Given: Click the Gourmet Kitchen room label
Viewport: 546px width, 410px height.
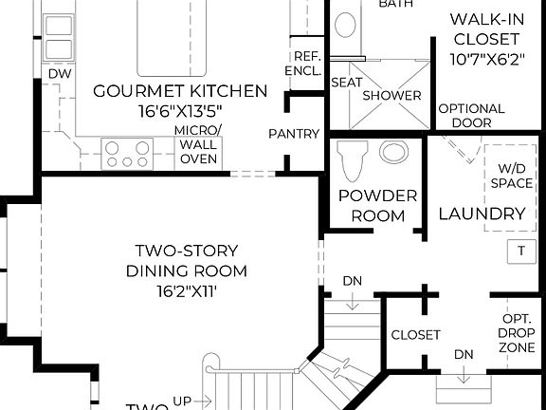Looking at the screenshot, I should coord(180,91).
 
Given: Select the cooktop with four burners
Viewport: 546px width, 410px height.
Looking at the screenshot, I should coord(128,153).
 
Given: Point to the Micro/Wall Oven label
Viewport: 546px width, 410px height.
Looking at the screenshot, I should coord(199,143).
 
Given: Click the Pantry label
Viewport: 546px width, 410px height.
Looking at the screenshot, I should coord(293,134).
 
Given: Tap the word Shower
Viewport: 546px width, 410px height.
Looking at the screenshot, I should coord(391,96).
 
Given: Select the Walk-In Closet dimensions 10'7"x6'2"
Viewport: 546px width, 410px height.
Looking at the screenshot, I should coord(484,60).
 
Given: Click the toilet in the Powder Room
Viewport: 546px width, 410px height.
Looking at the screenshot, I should coord(353,159).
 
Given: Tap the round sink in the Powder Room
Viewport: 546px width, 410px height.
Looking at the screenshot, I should coord(391,152).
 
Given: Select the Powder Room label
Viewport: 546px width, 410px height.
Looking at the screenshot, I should coord(378,206).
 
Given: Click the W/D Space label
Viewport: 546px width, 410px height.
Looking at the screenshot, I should coord(515,176).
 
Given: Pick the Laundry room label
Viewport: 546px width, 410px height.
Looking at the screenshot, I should coord(482,214).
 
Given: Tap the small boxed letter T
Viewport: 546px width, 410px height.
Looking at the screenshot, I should coord(519,252).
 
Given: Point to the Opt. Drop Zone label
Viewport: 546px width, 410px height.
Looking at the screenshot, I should coord(517,333).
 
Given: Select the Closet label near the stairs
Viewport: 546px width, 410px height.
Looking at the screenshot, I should coord(415,335).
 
